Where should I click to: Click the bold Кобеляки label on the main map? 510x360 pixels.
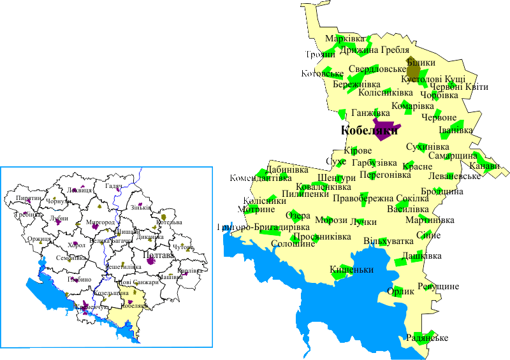(x=369, y=132)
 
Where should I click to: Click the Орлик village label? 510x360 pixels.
(x=400, y=291)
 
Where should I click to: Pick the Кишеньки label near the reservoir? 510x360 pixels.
(x=351, y=270)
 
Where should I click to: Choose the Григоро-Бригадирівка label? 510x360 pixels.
(x=254, y=227)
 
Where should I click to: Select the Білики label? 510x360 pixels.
(x=421, y=62)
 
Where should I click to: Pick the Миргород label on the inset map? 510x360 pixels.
(x=101, y=222)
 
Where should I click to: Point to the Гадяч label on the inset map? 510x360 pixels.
(x=113, y=186)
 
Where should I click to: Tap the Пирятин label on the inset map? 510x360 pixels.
(x=26, y=198)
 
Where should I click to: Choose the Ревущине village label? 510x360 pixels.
(x=438, y=287)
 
